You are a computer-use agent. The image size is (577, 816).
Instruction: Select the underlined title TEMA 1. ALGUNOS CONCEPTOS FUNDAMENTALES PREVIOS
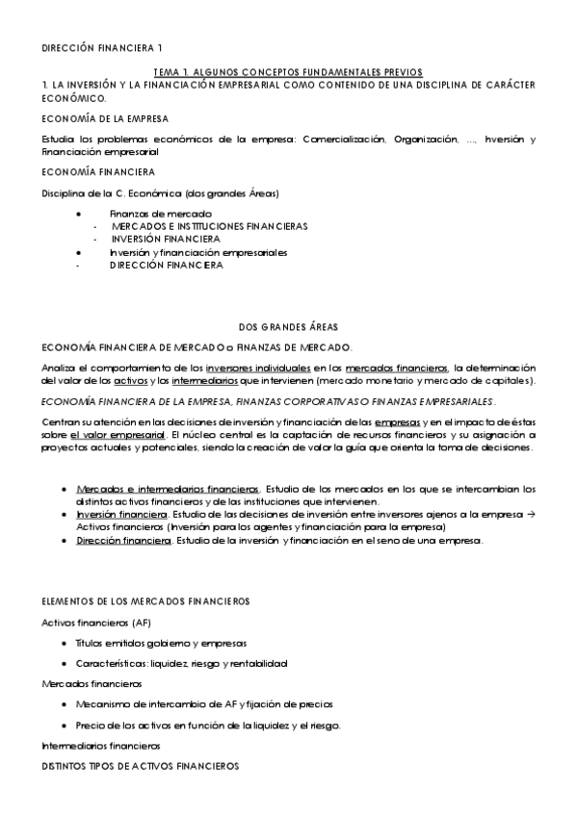(288, 72)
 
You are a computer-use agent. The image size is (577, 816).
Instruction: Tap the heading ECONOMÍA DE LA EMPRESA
(105, 118)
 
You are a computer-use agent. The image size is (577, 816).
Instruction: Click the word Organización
(425, 140)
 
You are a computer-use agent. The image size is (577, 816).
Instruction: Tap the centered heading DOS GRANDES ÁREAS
(288, 326)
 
